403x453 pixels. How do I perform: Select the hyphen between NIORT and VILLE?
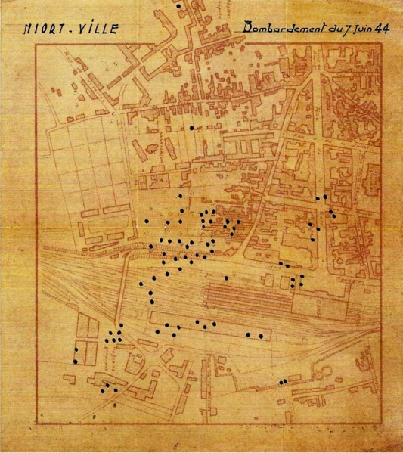[74, 32]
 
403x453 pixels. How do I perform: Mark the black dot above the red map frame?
[178, 5]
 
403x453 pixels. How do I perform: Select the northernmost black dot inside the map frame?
[192, 128]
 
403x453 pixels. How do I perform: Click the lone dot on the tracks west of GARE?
[227, 278]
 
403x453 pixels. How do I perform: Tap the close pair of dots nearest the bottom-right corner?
[283, 381]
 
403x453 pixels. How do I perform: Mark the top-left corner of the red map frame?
[36, 44]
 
